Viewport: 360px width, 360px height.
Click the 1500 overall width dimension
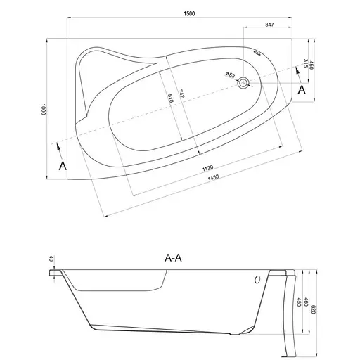point(189,13)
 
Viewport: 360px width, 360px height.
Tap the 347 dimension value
point(269,25)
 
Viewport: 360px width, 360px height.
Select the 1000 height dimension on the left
point(43,109)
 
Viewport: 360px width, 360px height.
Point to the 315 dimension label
point(305,63)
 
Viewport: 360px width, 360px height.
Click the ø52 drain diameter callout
point(230,75)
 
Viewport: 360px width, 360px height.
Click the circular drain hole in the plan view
point(243,82)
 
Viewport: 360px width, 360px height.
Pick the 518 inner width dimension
point(171,98)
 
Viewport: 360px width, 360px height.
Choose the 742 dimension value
point(181,94)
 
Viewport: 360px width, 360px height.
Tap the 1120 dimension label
point(207,168)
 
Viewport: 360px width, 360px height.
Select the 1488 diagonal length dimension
point(213,177)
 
